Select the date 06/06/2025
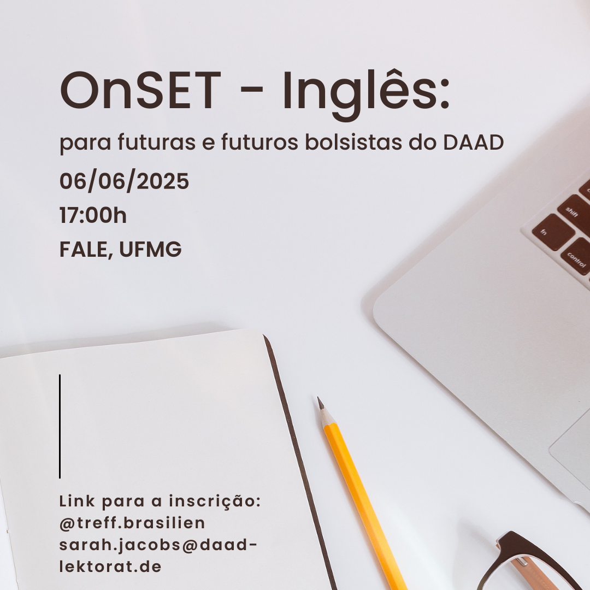tap(124, 181)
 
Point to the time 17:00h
tap(93, 215)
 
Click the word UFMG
tap(151, 249)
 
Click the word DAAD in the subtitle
tap(473, 142)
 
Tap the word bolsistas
tap(353, 142)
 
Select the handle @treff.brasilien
tap(132, 523)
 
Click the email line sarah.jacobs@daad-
tap(158, 545)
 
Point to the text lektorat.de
tap(110, 567)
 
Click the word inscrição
tap(215, 501)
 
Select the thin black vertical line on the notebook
tap(60, 426)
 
